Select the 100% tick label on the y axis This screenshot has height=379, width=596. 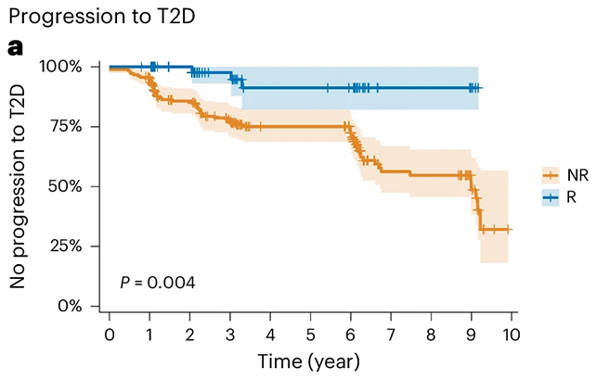62,67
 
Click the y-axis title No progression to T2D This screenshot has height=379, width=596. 19,185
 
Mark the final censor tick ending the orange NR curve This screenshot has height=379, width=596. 508,229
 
